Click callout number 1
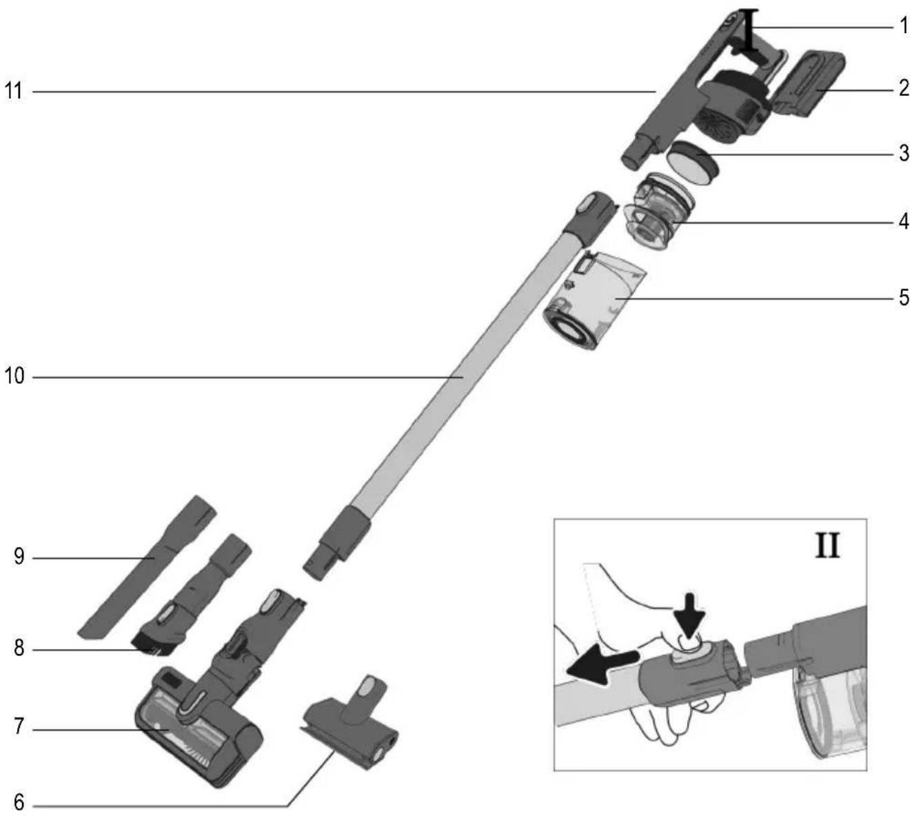tap(904, 26)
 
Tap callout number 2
tap(904, 88)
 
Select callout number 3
tap(904, 153)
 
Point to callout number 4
tap(904, 222)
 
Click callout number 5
tap(904, 298)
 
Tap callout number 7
tap(19, 726)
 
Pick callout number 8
tap(19, 649)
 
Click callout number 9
tap(19, 557)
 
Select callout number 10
tap(14, 376)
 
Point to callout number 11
tap(14, 91)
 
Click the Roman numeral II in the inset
tap(827, 546)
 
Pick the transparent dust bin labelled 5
tap(594, 299)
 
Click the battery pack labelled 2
tap(808, 83)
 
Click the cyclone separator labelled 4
tap(658, 211)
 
